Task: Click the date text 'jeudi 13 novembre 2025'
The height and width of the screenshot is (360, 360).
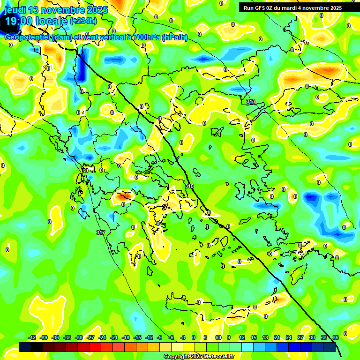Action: click(x=56, y=10)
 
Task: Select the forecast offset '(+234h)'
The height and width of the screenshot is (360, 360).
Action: click(x=83, y=21)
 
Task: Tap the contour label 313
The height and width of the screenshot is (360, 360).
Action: click(x=251, y=101)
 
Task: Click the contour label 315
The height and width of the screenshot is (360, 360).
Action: click(x=189, y=186)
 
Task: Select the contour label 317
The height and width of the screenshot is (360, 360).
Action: click(x=100, y=232)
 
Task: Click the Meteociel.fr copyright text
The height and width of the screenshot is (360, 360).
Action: click(x=199, y=356)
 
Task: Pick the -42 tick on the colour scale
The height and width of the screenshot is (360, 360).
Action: click(x=32, y=337)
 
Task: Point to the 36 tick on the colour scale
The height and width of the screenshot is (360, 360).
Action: click(x=335, y=337)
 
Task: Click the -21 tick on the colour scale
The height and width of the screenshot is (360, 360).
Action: click(x=114, y=337)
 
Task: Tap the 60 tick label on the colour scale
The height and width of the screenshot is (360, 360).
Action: click(x=218, y=337)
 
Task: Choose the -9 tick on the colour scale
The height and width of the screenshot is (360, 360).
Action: click(x=159, y=337)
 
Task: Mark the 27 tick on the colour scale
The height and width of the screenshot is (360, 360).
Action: click(x=300, y=337)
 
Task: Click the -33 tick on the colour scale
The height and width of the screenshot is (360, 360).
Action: click(x=67, y=337)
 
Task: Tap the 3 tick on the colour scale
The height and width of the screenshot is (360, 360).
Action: click(x=205, y=337)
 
